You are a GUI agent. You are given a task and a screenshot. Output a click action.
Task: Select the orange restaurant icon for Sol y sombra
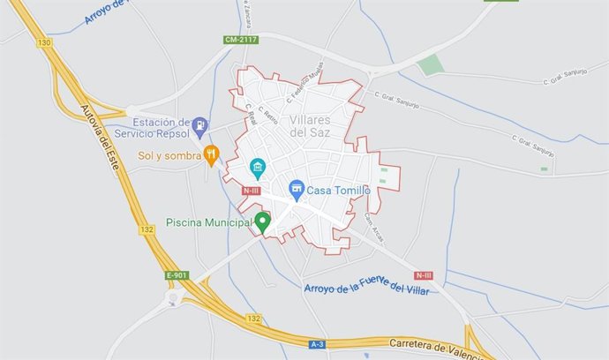211,155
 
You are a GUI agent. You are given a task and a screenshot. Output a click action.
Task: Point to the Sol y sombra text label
169,156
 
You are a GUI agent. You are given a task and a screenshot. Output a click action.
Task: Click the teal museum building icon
258,166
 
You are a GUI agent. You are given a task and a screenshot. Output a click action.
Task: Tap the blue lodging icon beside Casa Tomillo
297,189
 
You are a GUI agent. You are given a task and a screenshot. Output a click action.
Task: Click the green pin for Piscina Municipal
262,222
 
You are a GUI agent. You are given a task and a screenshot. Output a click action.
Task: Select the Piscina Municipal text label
208,223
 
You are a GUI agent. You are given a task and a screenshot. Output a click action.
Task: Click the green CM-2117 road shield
241,39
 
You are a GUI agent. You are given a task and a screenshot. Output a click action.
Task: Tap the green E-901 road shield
177,275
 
